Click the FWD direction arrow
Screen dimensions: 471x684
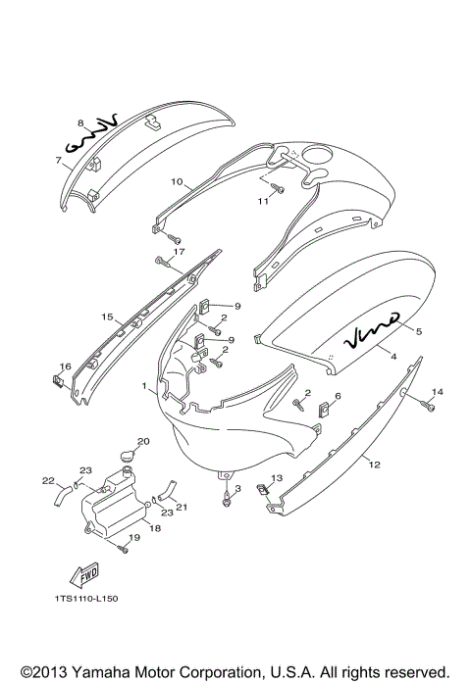84,574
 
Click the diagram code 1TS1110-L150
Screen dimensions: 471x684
86,599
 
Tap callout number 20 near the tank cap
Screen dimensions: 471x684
143,441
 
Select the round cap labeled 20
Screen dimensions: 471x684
128,457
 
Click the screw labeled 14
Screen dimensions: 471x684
427,406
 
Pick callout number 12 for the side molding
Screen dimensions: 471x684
375,464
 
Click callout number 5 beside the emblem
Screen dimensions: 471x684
419,331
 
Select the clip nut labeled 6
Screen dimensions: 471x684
324,409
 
